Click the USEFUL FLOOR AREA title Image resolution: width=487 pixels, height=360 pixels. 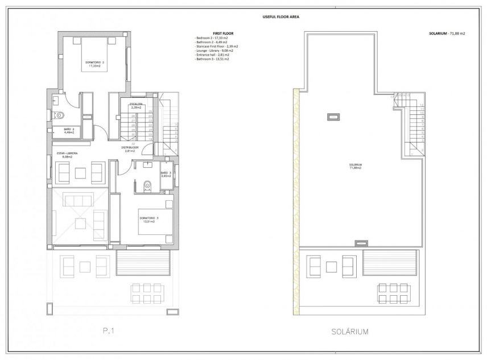point(280,16)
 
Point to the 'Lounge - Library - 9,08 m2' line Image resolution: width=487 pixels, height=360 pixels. point(215,51)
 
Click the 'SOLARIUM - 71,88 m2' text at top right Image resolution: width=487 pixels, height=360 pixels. point(447,34)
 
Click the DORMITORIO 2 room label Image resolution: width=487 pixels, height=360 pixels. point(94,64)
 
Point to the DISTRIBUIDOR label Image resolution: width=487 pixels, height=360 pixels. point(130,149)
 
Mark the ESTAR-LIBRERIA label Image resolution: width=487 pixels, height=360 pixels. point(66,154)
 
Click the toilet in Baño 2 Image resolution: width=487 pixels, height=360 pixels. point(60,115)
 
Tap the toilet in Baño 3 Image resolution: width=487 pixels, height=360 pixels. point(147,184)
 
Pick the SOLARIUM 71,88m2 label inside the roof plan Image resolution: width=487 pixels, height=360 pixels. point(356,167)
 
